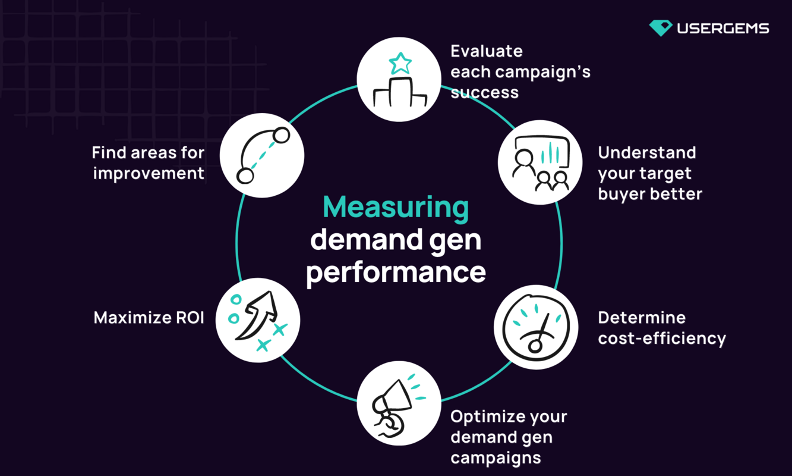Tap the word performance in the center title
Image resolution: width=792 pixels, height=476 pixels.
(x=396, y=273)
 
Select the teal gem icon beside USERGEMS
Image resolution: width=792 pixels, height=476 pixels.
(x=660, y=27)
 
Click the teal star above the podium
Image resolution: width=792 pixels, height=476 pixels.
(x=400, y=62)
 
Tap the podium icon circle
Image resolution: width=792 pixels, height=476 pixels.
(x=399, y=79)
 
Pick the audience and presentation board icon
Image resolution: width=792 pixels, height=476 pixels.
(x=540, y=162)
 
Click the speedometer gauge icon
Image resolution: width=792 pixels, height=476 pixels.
(x=536, y=327)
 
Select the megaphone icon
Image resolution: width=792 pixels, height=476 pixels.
(x=399, y=403)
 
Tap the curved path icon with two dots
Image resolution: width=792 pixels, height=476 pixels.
(x=262, y=155)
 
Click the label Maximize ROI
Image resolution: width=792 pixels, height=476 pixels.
(x=149, y=318)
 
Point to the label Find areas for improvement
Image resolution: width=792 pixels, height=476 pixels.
(x=148, y=163)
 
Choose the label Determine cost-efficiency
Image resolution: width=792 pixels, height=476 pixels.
(x=661, y=328)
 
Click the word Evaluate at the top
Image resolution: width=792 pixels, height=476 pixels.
(x=487, y=51)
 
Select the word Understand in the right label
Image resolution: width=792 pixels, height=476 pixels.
(x=646, y=153)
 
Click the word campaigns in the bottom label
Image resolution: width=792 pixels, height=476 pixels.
(x=496, y=458)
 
